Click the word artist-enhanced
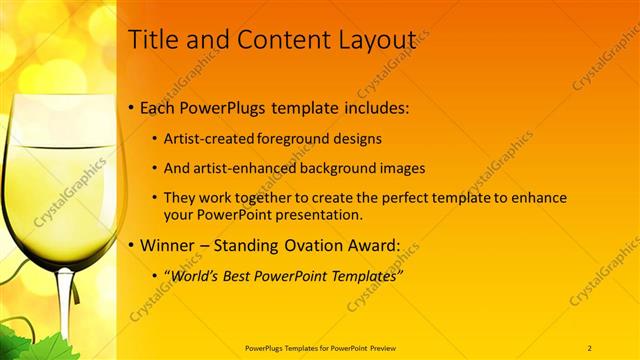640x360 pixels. tap(244, 168)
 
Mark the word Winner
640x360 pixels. tap(172, 245)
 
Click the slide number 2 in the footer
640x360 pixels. tap(590, 347)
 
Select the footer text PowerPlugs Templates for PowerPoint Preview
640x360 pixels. tap(319, 347)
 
